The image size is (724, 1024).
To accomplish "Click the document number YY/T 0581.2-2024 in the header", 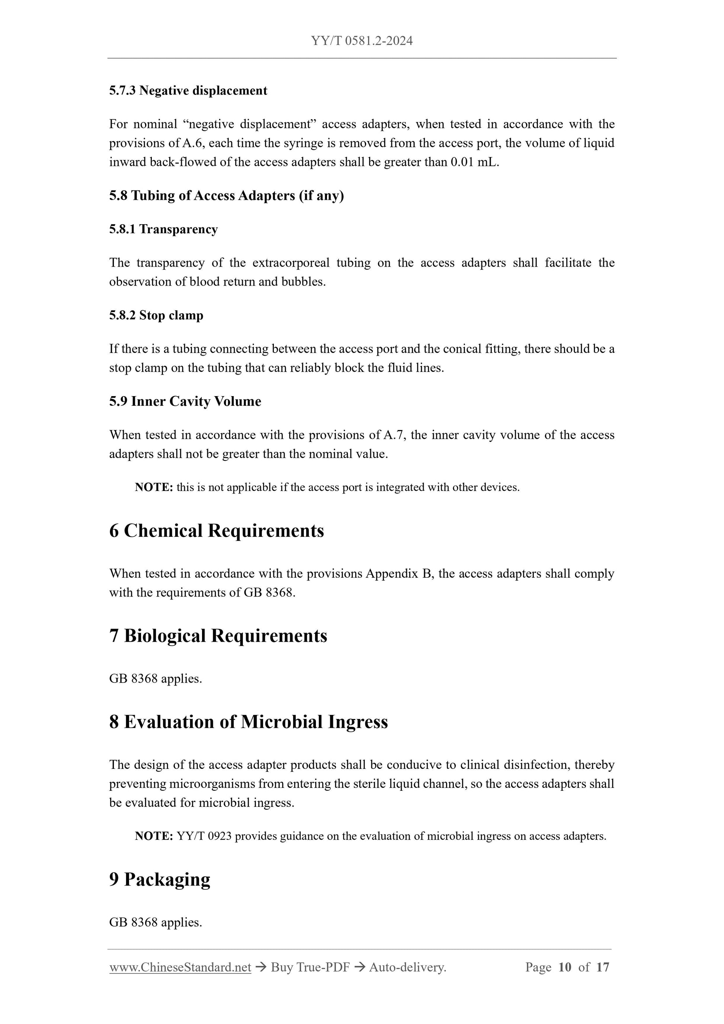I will point(362,41).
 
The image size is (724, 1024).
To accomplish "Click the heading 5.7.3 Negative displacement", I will point(188,90).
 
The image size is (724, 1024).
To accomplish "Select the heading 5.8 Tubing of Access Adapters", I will point(226,195).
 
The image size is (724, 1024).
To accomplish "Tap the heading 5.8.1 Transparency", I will point(163,229).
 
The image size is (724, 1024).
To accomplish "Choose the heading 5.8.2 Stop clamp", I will point(156,315).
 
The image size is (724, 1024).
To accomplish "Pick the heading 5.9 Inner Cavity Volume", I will point(185,401).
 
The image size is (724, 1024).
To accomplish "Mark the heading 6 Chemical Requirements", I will point(217,531).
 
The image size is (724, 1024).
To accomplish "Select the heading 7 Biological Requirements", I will point(218,636).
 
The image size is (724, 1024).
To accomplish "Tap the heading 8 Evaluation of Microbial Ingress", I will point(249,722).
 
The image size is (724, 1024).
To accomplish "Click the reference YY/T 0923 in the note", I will point(204,836).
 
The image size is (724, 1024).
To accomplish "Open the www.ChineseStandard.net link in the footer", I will point(180,967).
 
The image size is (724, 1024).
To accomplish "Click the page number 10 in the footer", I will point(564,967).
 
